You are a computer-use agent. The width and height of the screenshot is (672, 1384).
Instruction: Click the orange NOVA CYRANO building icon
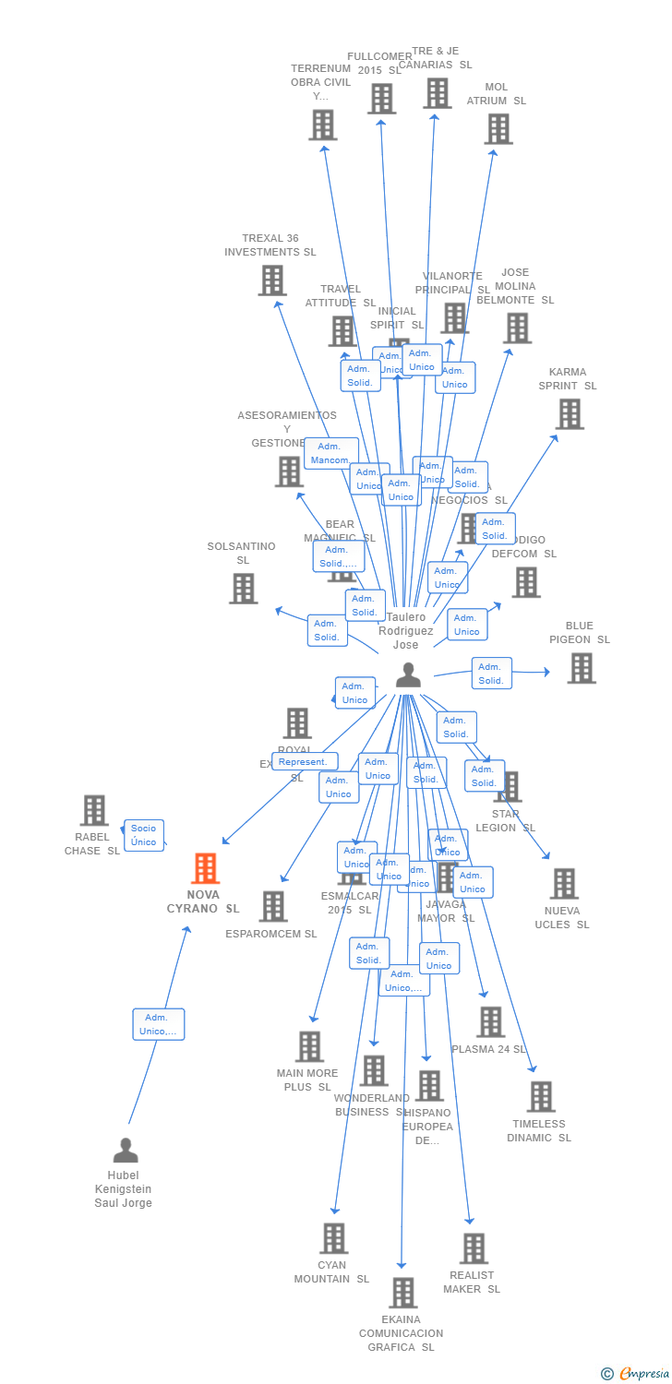pyautogui.click(x=205, y=868)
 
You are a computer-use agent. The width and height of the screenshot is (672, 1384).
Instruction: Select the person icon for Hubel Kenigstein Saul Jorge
pyautogui.click(x=126, y=1151)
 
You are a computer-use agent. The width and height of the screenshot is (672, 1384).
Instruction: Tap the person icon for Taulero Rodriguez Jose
pyautogui.click(x=407, y=675)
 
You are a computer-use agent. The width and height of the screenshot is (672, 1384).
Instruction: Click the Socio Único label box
pyautogui.click(x=144, y=835)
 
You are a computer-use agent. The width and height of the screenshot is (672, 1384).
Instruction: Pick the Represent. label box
pyautogui.click(x=304, y=761)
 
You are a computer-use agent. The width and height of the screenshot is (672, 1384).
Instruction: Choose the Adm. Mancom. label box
pyautogui.click(x=330, y=453)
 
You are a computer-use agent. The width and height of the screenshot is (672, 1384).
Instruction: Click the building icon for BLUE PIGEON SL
pyautogui.click(x=581, y=668)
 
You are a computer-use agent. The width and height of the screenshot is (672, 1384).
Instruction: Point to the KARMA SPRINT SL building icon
pyautogui.click(x=570, y=414)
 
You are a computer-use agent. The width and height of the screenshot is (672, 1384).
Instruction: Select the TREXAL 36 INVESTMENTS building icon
pyautogui.click(x=272, y=280)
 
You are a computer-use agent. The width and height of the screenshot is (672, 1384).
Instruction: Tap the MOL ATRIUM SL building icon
pyautogui.click(x=498, y=129)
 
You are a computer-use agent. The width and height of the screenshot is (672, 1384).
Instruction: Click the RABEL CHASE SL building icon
pyautogui.click(x=94, y=810)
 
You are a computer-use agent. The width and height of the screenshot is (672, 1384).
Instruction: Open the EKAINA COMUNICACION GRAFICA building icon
pyautogui.click(x=402, y=1293)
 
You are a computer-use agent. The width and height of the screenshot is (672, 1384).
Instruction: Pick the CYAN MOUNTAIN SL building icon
pyautogui.click(x=333, y=1238)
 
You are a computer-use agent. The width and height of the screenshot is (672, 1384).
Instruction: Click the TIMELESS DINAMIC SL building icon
pyautogui.click(x=540, y=1097)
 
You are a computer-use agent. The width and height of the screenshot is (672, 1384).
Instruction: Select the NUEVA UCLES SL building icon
pyautogui.click(x=563, y=884)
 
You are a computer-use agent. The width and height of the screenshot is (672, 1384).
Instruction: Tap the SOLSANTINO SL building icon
pyautogui.click(x=244, y=589)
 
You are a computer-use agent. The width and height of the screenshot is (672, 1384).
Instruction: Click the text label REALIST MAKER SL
pyautogui.click(x=472, y=1282)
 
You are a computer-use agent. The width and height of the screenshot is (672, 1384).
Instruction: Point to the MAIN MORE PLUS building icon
pyautogui.click(x=309, y=1046)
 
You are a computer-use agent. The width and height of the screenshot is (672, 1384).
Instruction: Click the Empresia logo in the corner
pyautogui.click(x=636, y=1374)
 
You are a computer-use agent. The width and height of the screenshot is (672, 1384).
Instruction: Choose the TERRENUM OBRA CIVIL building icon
pyautogui.click(x=323, y=125)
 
